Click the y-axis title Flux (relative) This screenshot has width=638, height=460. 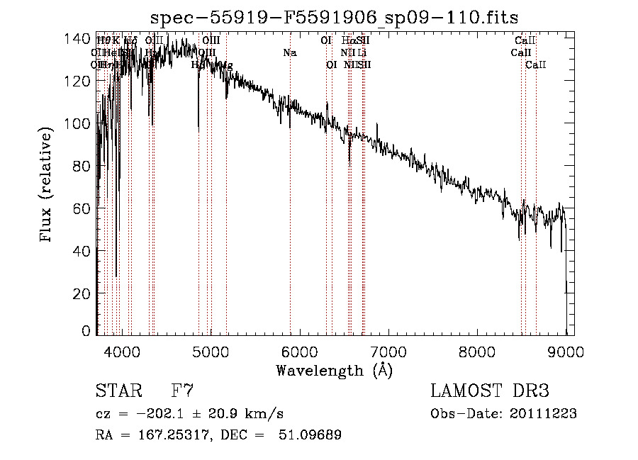(47, 186)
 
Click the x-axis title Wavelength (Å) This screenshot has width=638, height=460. (334, 370)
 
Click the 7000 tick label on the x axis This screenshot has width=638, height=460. (388, 351)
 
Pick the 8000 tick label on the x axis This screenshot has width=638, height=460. (477, 351)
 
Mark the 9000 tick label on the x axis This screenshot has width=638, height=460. (566, 351)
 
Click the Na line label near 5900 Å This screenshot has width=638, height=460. (289, 52)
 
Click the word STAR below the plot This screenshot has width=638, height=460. (118, 391)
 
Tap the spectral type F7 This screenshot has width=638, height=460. (182, 391)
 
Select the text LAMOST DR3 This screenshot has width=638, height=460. (490, 391)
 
